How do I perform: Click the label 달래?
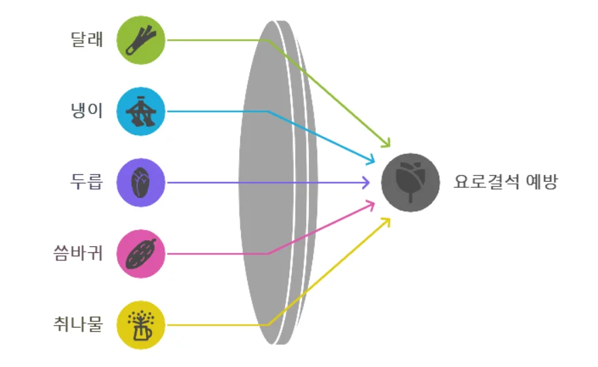pyautogui.click(x=87, y=39)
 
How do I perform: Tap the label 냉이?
pyautogui.click(x=87, y=111)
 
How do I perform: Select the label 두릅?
pyautogui.click(x=87, y=182)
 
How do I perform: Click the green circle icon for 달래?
pyautogui.click(x=141, y=40)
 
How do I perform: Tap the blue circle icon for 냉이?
pyautogui.click(x=141, y=111)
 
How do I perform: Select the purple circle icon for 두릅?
pyautogui.click(x=141, y=182)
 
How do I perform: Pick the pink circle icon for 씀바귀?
pyautogui.click(x=141, y=254)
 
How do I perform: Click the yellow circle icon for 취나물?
pyautogui.click(x=141, y=325)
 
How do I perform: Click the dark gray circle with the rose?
pyautogui.click(x=411, y=182)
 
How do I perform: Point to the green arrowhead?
pyautogui.click(x=388, y=144)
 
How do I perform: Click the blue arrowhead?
pyautogui.click(x=371, y=161)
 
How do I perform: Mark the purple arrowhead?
pyautogui.click(x=367, y=182)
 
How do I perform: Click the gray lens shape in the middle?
pyautogui.click(x=275, y=182)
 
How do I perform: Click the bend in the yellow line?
pyautogui.click(x=269, y=325)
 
